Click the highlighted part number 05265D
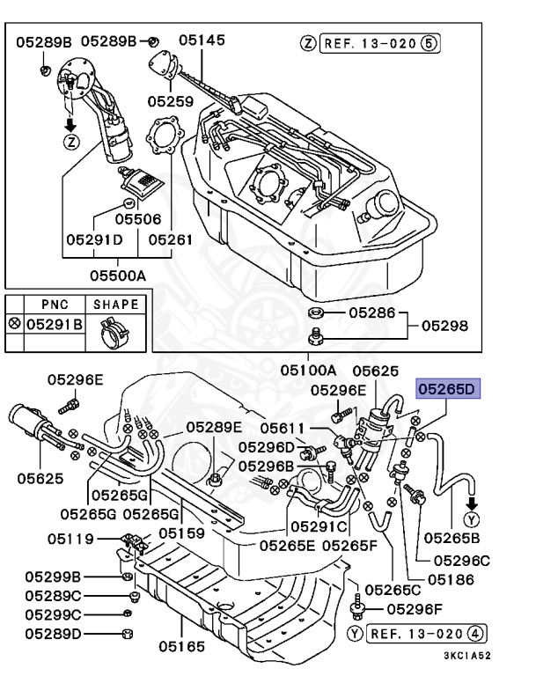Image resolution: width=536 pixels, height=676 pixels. (x=447, y=389)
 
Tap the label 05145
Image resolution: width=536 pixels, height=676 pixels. (x=202, y=40)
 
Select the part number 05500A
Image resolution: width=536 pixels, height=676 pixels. (x=118, y=276)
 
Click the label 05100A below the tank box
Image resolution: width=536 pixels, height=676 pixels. (x=308, y=371)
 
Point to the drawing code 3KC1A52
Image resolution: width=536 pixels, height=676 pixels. (x=467, y=656)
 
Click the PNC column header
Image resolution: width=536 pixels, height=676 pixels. (x=55, y=305)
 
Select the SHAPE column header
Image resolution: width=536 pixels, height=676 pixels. (x=116, y=305)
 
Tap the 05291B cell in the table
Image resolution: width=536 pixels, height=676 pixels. (x=55, y=324)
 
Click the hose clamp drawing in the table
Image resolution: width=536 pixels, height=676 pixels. (x=114, y=333)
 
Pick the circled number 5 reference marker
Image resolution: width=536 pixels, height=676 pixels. (x=429, y=43)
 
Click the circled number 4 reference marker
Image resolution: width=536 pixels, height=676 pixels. (x=474, y=634)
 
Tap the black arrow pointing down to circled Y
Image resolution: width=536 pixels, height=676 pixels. (x=472, y=503)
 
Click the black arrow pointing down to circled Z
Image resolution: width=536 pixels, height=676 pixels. (x=70, y=125)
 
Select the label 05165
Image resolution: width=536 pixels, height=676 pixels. (x=181, y=646)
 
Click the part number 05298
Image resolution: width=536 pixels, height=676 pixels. (x=444, y=326)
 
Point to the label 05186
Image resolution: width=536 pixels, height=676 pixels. (x=451, y=580)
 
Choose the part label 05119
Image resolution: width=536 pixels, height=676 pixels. (x=70, y=539)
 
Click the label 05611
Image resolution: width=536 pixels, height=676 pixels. (x=283, y=428)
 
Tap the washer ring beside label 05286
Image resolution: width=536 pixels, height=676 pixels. (x=316, y=312)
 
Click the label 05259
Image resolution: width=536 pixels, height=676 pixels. (x=171, y=101)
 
